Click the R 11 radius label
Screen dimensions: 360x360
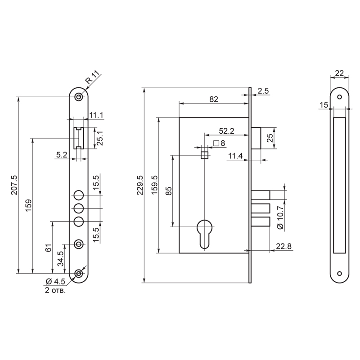coord(93,77)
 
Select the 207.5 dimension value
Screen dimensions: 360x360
coord(14,185)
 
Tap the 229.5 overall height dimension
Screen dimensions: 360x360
coord(140,185)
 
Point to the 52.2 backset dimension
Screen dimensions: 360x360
coord(226,131)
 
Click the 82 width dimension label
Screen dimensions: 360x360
coord(214,99)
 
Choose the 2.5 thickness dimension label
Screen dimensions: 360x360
coord(263,91)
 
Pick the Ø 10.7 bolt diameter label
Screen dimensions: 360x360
coord(280,217)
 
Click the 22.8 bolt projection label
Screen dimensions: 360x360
coord(284,246)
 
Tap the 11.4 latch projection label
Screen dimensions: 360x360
coord(235,156)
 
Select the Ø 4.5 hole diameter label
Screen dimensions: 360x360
coord(55,281)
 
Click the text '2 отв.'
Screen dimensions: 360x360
coord(55,290)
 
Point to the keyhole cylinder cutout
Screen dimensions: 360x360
coord(205,234)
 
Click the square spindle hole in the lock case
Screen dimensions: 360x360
coord(205,155)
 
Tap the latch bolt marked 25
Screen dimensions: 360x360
coord(256,138)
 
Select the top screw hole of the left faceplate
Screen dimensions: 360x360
coord(79,97)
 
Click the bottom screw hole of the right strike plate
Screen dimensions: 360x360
coord(339,274)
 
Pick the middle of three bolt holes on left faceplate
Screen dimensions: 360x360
coord(79,208)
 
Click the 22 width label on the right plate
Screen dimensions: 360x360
coord(339,73)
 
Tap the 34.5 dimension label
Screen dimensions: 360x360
coord(60,259)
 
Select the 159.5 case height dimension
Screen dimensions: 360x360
coord(154,185)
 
